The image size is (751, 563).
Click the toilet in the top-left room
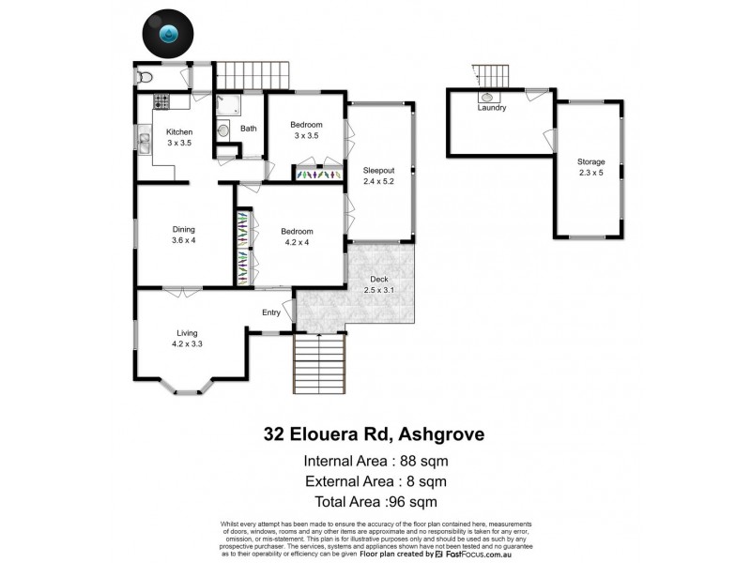tap(144, 76)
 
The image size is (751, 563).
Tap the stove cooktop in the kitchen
tap(161, 101)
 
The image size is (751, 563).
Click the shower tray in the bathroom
tap(228, 105)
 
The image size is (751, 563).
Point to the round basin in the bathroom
tap(223, 130)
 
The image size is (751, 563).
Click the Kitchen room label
tap(179, 132)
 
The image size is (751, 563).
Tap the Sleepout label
tap(379, 170)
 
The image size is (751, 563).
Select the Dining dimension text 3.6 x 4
tap(184, 241)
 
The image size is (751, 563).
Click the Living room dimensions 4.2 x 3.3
tap(187, 344)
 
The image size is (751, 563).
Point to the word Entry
tap(271, 312)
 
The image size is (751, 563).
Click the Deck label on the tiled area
tap(378, 278)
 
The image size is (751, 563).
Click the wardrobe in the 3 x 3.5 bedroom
tap(317, 174)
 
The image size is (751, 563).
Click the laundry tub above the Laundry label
tap(489, 96)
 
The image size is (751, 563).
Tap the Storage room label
tap(590, 161)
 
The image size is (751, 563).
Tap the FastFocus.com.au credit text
tap(498, 555)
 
